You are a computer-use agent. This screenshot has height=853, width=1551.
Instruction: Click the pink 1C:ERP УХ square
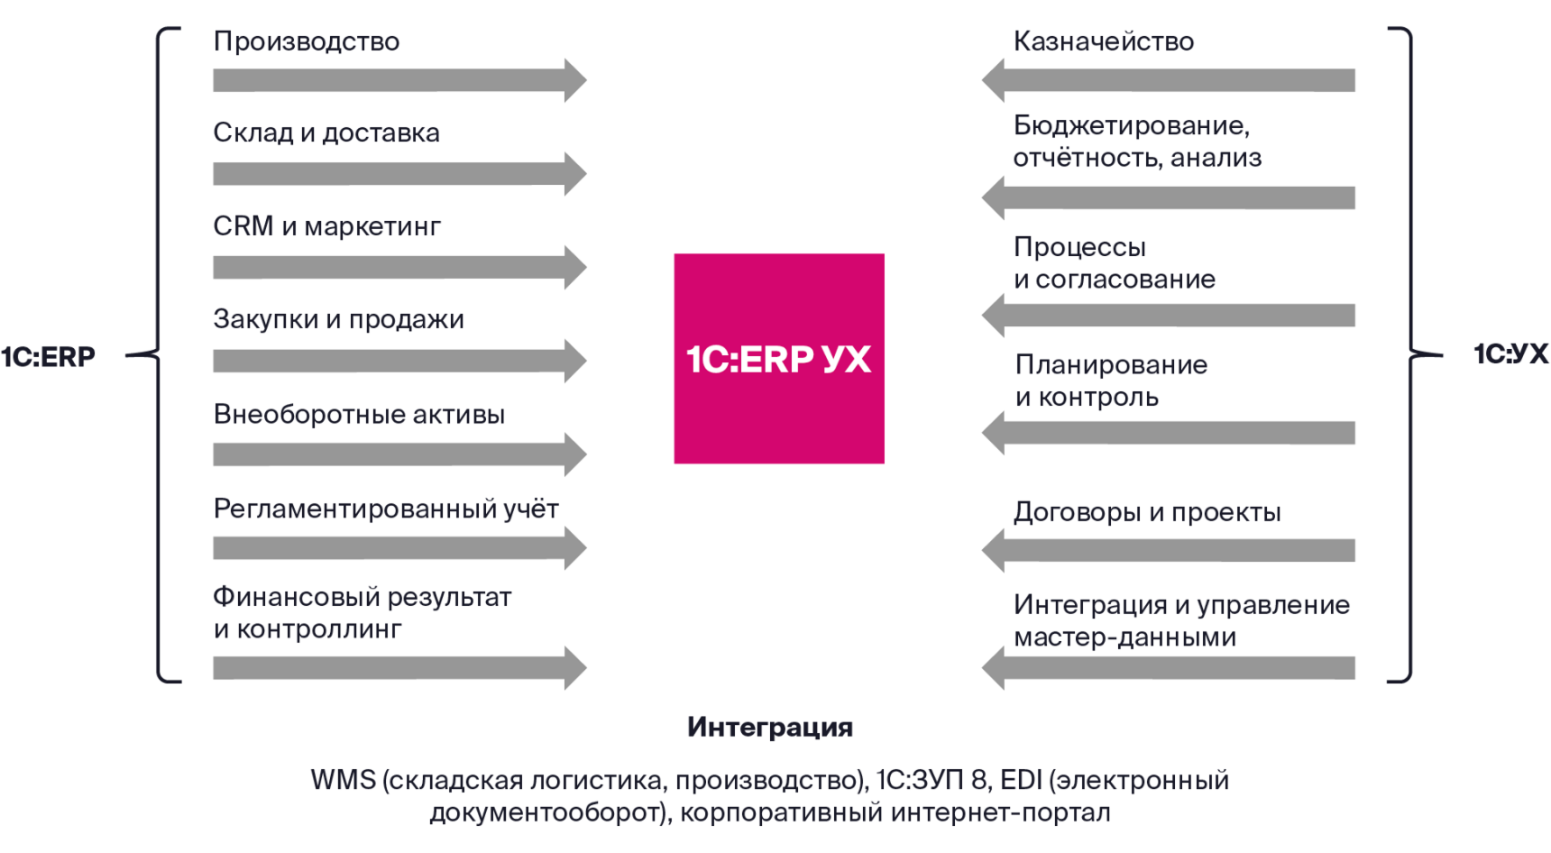point(779,359)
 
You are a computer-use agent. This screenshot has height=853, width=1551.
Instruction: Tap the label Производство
point(307,41)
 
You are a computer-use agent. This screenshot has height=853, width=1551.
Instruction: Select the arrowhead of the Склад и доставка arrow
point(574,173)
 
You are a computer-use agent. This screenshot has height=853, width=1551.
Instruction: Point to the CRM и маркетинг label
point(326,226)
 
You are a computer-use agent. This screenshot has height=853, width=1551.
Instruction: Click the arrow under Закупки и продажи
point(397,362)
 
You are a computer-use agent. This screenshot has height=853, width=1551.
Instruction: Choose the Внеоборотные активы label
point(359,415)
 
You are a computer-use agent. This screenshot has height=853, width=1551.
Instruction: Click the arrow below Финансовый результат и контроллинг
point(397,668)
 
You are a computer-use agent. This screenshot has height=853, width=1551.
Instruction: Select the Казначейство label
point(1103,41)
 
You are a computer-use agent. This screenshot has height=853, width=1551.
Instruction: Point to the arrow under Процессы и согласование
point(1172,316)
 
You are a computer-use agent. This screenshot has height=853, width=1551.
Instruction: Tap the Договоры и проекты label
point(1147,512)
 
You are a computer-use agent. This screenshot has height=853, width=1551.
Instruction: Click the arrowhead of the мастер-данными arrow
point(994,668)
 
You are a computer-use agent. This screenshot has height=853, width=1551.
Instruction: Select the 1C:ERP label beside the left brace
point(49,357)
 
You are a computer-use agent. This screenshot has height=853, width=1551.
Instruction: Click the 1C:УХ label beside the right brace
point(1510,354)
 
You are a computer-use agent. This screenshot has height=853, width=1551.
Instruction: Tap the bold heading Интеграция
point(770,728)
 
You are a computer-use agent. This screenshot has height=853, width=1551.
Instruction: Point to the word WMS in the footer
point(343,780)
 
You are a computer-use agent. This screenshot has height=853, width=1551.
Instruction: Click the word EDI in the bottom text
point(1021,780)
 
